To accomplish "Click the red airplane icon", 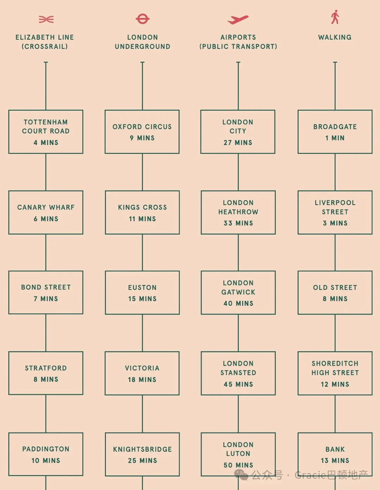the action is [x=238, y=20].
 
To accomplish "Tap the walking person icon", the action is [x=335, y=17].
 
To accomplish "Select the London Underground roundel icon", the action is [x=142, y=19].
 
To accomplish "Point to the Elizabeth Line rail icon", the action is [x=46, y=19].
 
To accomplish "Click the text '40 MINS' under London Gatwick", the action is [x=238, y=303].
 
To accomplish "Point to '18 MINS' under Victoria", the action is [x=142, y=379].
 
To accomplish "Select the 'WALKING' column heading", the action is [x=335, y=37].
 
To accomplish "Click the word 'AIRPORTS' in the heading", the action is [x=238, y=37].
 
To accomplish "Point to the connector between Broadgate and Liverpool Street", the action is [x=335, y=172].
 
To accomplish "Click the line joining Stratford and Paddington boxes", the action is [x=46, y=414].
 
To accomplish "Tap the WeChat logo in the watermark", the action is [x=241, y=475].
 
